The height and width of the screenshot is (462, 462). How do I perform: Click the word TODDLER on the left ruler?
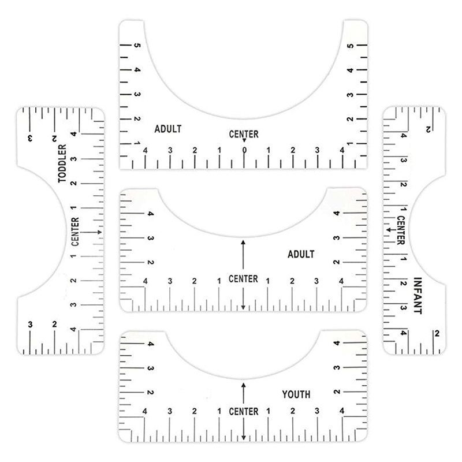62,163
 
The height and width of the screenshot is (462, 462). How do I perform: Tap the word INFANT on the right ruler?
418,296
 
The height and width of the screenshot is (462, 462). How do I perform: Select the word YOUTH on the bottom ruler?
296,394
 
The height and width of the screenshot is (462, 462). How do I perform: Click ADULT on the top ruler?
168,129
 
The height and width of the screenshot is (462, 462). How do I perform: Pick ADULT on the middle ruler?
301,254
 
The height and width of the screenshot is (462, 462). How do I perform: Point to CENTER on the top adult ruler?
244,134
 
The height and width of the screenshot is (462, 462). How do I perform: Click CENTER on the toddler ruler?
75,232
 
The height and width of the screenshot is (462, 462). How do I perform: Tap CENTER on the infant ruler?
401,230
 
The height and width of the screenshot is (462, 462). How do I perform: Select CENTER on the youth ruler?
244,411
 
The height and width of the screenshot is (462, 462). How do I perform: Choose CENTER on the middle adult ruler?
243,279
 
